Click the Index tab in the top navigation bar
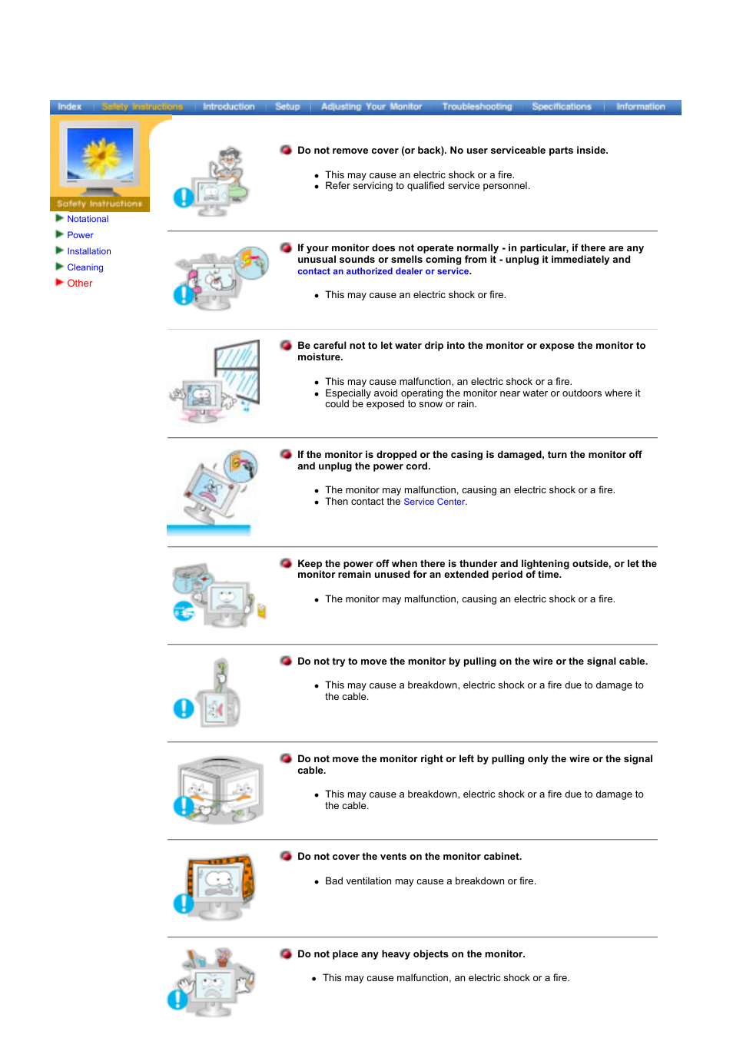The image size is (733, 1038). coord(69,107)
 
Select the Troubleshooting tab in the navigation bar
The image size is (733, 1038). coord(476,107)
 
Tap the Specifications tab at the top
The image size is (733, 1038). coord(561,107)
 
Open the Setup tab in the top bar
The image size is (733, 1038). coord(287,107)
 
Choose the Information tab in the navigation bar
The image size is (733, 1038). coord(640,107)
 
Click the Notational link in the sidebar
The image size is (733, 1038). coord(88,219)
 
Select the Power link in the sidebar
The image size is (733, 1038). coord(80,235)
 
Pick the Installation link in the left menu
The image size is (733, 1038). coord(89,251)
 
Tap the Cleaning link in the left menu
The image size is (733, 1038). coord(85,267)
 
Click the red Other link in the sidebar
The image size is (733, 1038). coord(79,284)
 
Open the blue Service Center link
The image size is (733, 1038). coord(434,502)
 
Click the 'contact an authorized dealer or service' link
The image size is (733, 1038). coord(383,271)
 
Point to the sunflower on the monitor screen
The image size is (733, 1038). coord(101,154)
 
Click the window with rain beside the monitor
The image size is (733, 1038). coord(237,373)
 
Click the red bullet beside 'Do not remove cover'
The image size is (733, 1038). coord(286,150)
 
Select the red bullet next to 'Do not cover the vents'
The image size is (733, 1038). coord(286,856)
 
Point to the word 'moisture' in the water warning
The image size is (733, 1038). coord(319,357)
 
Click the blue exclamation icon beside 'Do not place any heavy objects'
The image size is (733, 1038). coord(177,999)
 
